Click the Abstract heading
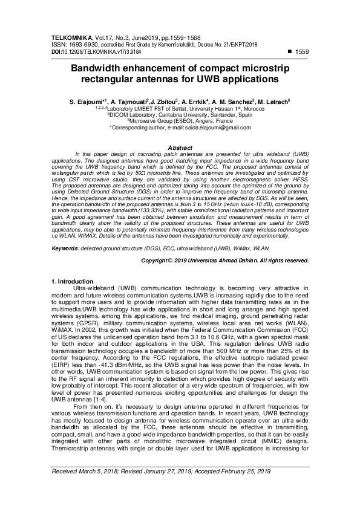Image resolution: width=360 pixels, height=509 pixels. pos(179,148)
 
